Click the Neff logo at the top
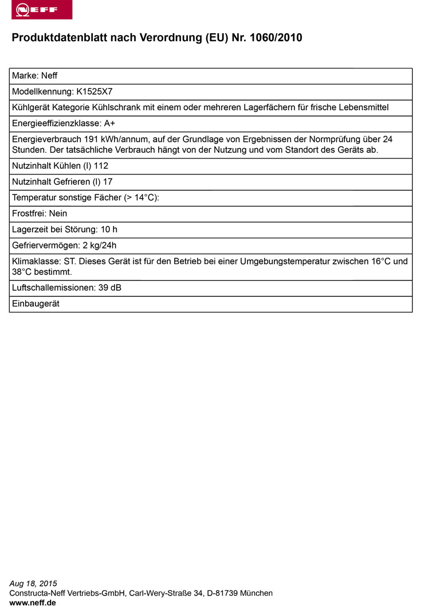click(x=42, y=10)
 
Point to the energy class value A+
click(x=110, y=123)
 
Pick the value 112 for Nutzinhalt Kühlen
click(x=101, y=166)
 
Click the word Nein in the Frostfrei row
click(x=58, y=213)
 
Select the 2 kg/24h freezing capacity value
click(x=97, y=246)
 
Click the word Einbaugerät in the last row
click(x=36, y=304)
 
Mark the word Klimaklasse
click(x=35, y=261)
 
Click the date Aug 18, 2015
click(x=33, y=584)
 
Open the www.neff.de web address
click(x=33, y=603)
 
